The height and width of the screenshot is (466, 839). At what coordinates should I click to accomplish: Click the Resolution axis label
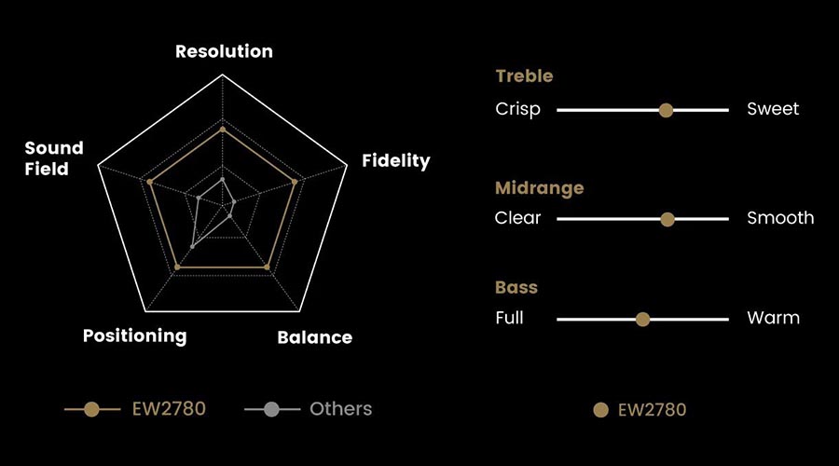(x=224, y=51)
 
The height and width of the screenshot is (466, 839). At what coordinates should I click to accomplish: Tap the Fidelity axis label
(x=396, y=160)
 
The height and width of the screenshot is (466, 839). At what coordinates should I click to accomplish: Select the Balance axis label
(x=315, y=337)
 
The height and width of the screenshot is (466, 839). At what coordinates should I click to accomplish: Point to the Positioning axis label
(x=135, y=336)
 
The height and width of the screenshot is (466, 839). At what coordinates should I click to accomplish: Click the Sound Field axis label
(x=54, y=158)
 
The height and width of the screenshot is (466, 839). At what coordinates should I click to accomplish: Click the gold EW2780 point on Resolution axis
(x=223, y=130)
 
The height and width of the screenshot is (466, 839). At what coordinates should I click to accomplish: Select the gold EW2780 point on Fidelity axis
(x=295, y=183)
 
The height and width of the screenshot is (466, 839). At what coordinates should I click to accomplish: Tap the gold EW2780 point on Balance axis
(x=267, y=267)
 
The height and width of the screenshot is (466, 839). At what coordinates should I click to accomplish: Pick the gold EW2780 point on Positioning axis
(x=178, y=267)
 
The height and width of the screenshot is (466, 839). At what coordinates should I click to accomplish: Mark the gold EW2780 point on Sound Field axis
(x=150, y=183)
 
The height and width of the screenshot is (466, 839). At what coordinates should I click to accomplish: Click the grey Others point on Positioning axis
(x=193, y=247)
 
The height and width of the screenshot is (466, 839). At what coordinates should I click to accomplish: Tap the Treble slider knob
(x=666, y=110)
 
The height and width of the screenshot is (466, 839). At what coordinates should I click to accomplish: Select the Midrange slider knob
(x=667, y=219)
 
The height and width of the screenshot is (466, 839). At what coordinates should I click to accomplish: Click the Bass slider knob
(x=642, y=320)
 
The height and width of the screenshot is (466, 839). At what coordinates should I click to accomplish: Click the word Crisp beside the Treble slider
(x=517, y=110)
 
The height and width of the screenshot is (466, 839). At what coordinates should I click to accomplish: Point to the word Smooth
(x=780, y=218)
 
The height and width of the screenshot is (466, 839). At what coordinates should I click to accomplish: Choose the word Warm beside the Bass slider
(x=773, y=318)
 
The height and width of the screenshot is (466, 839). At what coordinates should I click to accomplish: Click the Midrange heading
(x=540, y=188)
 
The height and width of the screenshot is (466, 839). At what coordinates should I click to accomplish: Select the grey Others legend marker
(x=272, y=410)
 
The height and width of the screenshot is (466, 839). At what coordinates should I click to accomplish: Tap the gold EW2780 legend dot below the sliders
(x=601, y=410)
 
